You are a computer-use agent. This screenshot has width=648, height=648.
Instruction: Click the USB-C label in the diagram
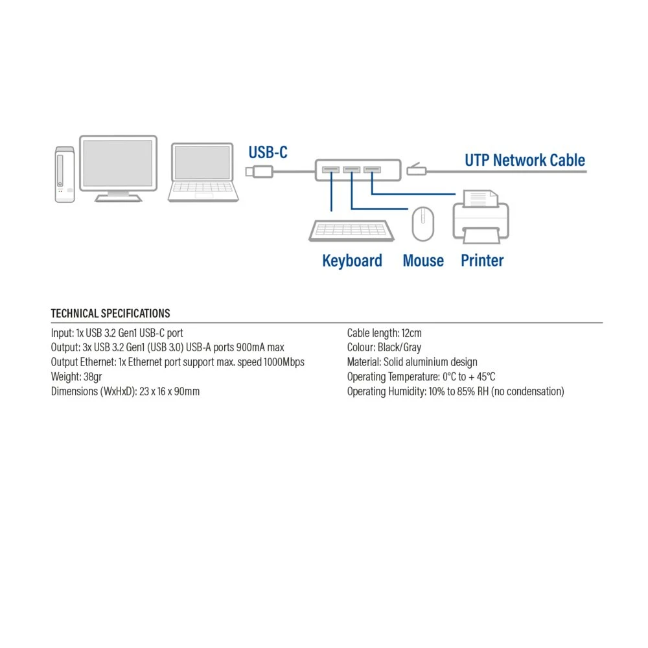tap(268, 153)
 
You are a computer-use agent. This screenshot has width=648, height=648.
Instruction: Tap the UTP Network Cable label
tap(525, 160)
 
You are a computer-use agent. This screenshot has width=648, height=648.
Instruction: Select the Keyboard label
tap(352, 260)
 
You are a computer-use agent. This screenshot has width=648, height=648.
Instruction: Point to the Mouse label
tap(423, 260)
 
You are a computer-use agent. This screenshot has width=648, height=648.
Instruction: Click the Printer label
tap(482, 260)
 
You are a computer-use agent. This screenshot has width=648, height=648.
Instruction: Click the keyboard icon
tap(351, 231)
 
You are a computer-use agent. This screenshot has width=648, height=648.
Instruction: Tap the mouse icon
tap(423, 224)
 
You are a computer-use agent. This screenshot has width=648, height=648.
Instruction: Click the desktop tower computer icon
tap(65, 174)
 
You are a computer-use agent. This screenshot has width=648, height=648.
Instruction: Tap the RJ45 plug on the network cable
tap(416, 170)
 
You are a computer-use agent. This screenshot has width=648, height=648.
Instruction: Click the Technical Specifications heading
tap(111, 314)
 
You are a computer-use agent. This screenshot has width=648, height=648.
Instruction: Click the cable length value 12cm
tap(411, 333)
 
